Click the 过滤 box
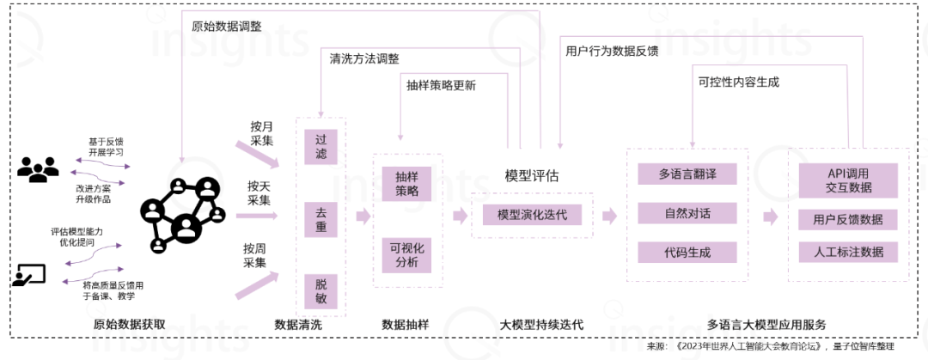[321, 146]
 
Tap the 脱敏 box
[321, 290]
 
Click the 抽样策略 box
[407, 183]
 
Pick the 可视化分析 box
[407, 255]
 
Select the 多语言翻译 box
[687, 174]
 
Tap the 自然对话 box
[687, 212]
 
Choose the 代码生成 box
[687, 253]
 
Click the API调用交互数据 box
[848, 180]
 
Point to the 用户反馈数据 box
[848, 219]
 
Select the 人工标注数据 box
[848, 253]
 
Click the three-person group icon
[39, 169]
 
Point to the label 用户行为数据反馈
[612, 50]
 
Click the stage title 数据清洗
[298, 325]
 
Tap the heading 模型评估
[531, 176]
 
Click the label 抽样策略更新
[442, 86]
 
